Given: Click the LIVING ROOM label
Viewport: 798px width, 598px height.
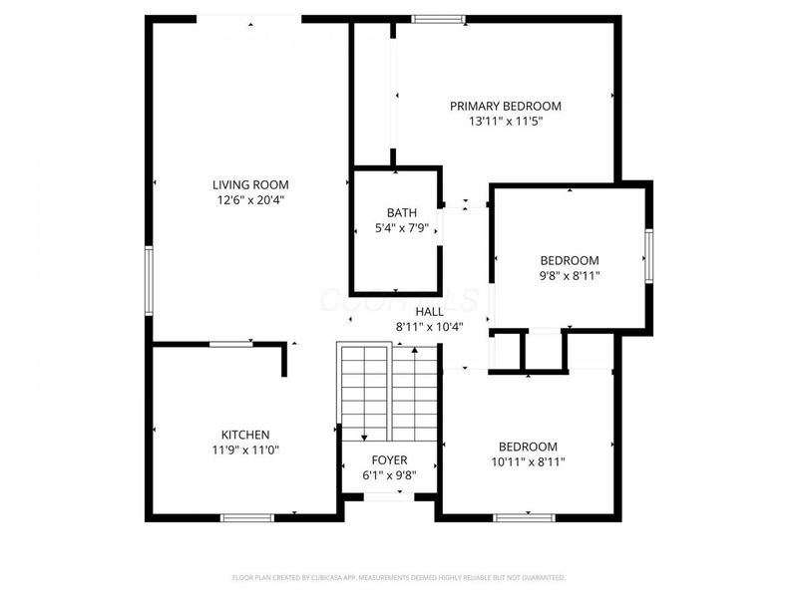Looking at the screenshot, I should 250,184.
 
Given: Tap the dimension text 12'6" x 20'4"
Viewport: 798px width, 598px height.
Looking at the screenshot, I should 250,199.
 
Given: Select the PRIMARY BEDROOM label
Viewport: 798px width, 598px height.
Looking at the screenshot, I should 505,107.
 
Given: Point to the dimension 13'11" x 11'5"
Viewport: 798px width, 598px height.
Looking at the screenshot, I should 505,122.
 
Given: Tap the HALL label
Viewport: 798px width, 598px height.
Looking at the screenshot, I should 430,312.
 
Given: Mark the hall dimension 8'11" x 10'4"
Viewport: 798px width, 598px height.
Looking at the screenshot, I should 430,326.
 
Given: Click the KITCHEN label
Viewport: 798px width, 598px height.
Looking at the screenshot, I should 245,435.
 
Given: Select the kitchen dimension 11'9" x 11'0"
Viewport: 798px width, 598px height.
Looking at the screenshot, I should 245,449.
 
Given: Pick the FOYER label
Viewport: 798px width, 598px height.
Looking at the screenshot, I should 389,460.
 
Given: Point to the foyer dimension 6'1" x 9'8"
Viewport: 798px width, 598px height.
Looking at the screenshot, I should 389,475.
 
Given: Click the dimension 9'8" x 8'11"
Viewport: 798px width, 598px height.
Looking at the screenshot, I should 570,275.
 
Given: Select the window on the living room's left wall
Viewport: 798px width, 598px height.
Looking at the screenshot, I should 149,282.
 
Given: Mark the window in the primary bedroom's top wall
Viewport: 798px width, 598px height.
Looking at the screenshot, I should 439,18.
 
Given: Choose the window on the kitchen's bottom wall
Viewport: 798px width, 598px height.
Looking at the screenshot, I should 246,517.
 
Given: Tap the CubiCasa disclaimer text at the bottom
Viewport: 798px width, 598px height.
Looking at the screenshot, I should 399,577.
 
